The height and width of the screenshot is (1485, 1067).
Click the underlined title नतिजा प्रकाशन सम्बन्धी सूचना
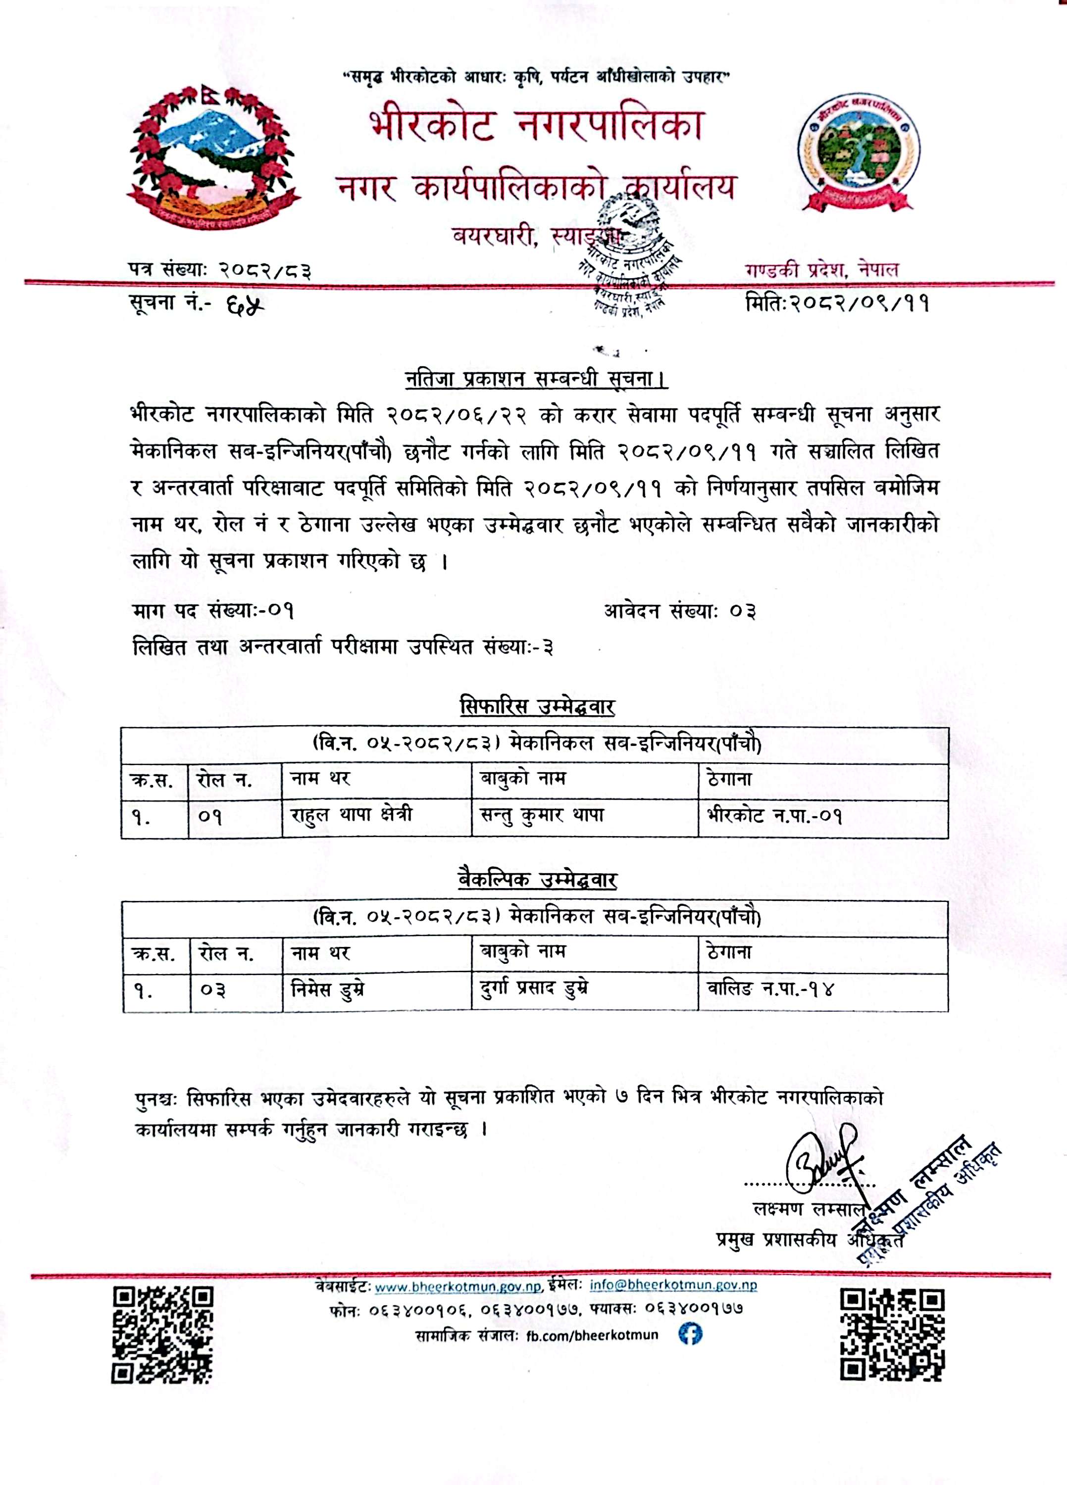(x=535, y=380)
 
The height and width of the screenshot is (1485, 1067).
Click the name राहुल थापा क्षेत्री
(x=351, y=816)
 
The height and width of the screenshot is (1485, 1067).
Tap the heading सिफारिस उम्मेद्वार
(x=537, y=707)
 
